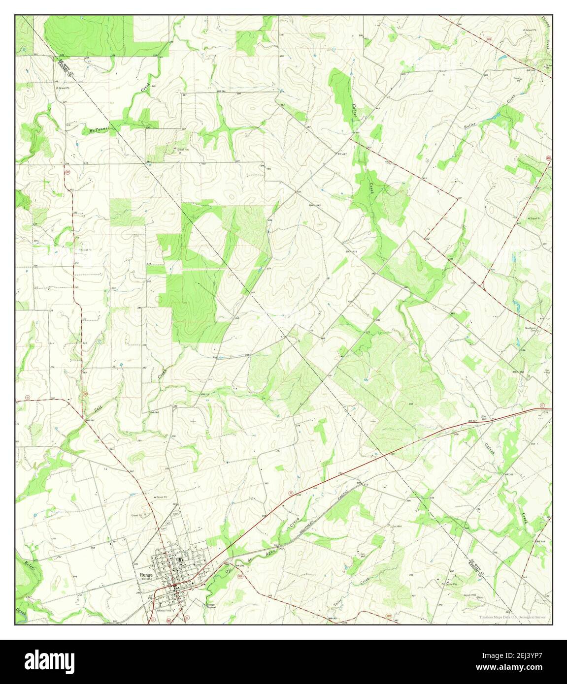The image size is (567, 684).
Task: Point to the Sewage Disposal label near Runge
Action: click(211, 605)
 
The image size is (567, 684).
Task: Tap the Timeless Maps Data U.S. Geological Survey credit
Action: click(513, 617)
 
